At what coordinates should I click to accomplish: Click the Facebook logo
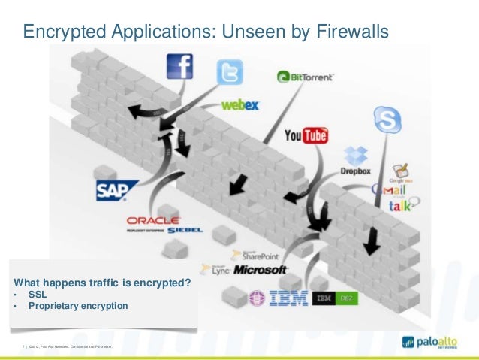[x=178, y=67]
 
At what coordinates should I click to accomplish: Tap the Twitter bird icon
[x=230, y=72]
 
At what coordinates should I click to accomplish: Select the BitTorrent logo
[x=305, y=76]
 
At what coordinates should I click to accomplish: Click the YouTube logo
[x=306, y=135]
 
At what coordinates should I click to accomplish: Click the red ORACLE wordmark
[x=152, y=220]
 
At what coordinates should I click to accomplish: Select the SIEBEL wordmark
[x=185, y=231]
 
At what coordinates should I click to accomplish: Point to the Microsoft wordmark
[x=261, y=269]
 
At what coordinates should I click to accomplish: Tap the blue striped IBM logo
[x=288, y=298]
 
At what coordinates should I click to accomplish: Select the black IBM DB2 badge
[x=333, y=299]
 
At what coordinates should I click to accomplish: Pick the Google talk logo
[x=402, y=205]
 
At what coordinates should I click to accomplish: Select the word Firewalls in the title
[x=351, y=32]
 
